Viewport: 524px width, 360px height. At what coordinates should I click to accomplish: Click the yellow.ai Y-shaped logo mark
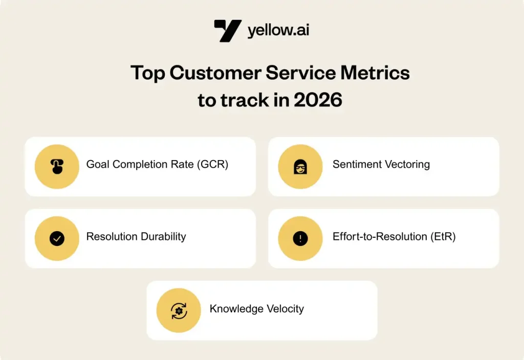228,31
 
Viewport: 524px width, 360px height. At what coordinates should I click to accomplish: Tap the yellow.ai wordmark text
278,30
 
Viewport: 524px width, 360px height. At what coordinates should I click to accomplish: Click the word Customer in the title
215,73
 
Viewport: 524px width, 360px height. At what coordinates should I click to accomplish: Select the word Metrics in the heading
375,73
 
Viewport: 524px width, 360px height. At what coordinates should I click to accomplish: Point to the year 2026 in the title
318,100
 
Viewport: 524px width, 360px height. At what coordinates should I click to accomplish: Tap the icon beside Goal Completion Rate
57,166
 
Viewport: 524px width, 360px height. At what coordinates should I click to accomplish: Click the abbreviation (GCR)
212,164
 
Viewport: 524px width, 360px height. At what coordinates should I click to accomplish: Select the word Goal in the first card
98,164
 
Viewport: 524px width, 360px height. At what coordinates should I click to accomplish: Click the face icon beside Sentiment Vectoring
300,167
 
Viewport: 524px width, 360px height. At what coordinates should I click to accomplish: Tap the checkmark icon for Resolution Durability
57,238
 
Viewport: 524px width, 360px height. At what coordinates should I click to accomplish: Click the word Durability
163,236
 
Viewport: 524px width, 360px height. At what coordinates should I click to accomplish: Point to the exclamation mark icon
300,238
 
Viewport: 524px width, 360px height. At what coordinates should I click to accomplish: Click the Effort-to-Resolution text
380,236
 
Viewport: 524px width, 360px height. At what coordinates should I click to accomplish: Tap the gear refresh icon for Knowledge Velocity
179,311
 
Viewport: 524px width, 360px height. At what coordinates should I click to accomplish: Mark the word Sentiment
357,164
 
